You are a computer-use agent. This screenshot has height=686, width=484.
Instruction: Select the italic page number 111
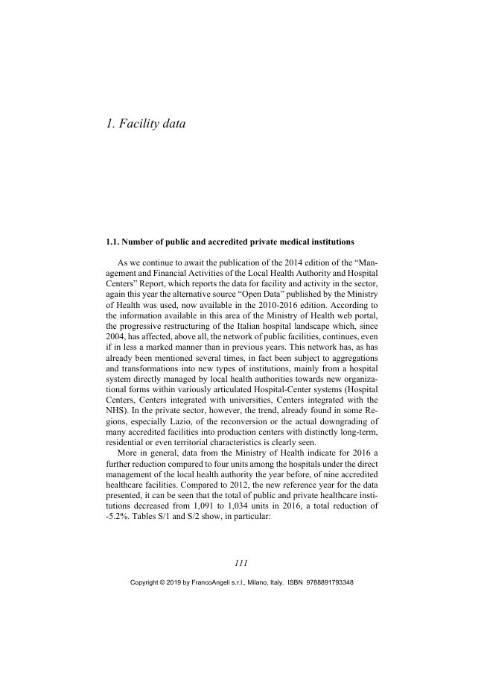[x=242, y=563]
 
